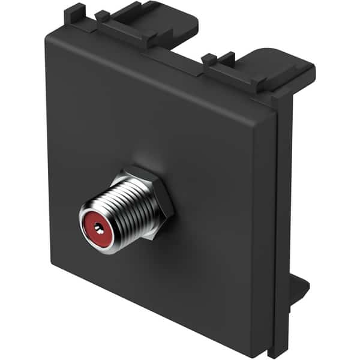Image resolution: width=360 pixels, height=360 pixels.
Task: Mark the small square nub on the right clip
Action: (x=209, y=58)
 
